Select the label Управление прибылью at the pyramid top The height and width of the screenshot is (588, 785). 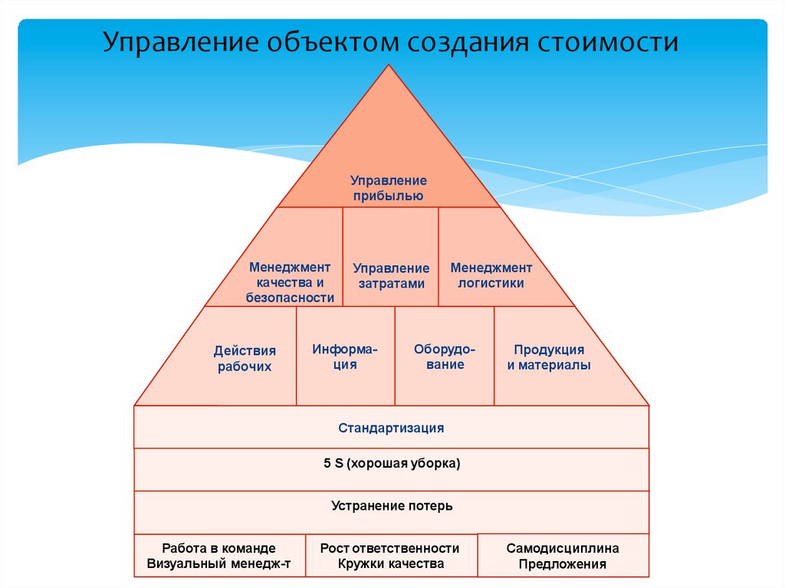coord(389,188)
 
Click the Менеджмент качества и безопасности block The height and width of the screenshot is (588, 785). coord(290,282)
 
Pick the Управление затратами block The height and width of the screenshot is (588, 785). coord(391,275)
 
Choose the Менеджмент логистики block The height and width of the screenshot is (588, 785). coord(491,275)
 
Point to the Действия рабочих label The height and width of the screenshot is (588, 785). coord(245,358)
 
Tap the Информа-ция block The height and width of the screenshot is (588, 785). coord(345,356)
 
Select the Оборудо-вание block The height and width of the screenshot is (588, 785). coord(445,356)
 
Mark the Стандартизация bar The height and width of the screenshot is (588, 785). coord(391,428)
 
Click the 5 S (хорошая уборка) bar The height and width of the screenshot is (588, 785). coord(391,464)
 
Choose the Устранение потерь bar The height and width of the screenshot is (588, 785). coord(391,506)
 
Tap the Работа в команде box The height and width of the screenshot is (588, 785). coord(219,557)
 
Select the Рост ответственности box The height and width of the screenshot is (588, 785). coord(390,557)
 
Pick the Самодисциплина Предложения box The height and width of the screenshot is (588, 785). coord(563,557)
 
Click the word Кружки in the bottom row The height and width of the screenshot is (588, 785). coord(360,564)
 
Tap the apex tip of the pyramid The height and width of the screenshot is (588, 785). coord(389,67)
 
